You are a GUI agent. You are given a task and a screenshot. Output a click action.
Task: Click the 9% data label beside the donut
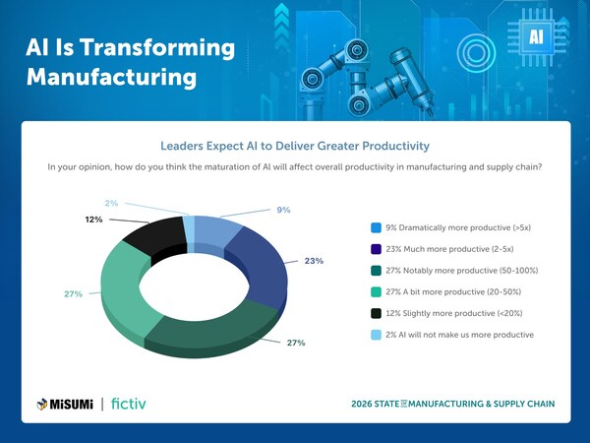point(283,210)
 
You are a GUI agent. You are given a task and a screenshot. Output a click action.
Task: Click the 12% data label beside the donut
point(93,220)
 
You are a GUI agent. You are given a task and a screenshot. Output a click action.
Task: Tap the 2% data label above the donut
point(111,204)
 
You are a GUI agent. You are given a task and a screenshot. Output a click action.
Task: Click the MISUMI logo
point(64,403)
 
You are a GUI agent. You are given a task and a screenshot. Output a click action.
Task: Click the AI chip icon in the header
point(537,37)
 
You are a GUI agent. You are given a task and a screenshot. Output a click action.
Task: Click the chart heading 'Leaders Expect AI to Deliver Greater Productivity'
point(295,147)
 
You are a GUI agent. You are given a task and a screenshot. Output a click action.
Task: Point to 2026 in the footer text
point(367,404)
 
